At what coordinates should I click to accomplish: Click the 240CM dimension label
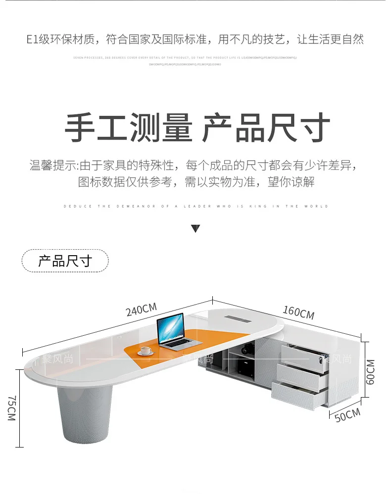pyautogui.click(x=141, y=310)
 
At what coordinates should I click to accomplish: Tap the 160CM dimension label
pyautogui.click(x=298, y=312)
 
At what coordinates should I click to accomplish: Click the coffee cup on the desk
pyautogui.click(x=146, y=351)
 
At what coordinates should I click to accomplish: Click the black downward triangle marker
pyautogui.click(x=195, y=228)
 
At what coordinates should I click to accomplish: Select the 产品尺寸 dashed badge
pyautogui.click(x=65, y=261)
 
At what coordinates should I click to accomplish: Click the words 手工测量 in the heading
pyautogui.click(x=128, y=129)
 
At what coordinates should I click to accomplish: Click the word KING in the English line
pyautogui.click(x=267, y=206)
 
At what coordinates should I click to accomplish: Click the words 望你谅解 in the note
pyautogui.click(x=291, y=182)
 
